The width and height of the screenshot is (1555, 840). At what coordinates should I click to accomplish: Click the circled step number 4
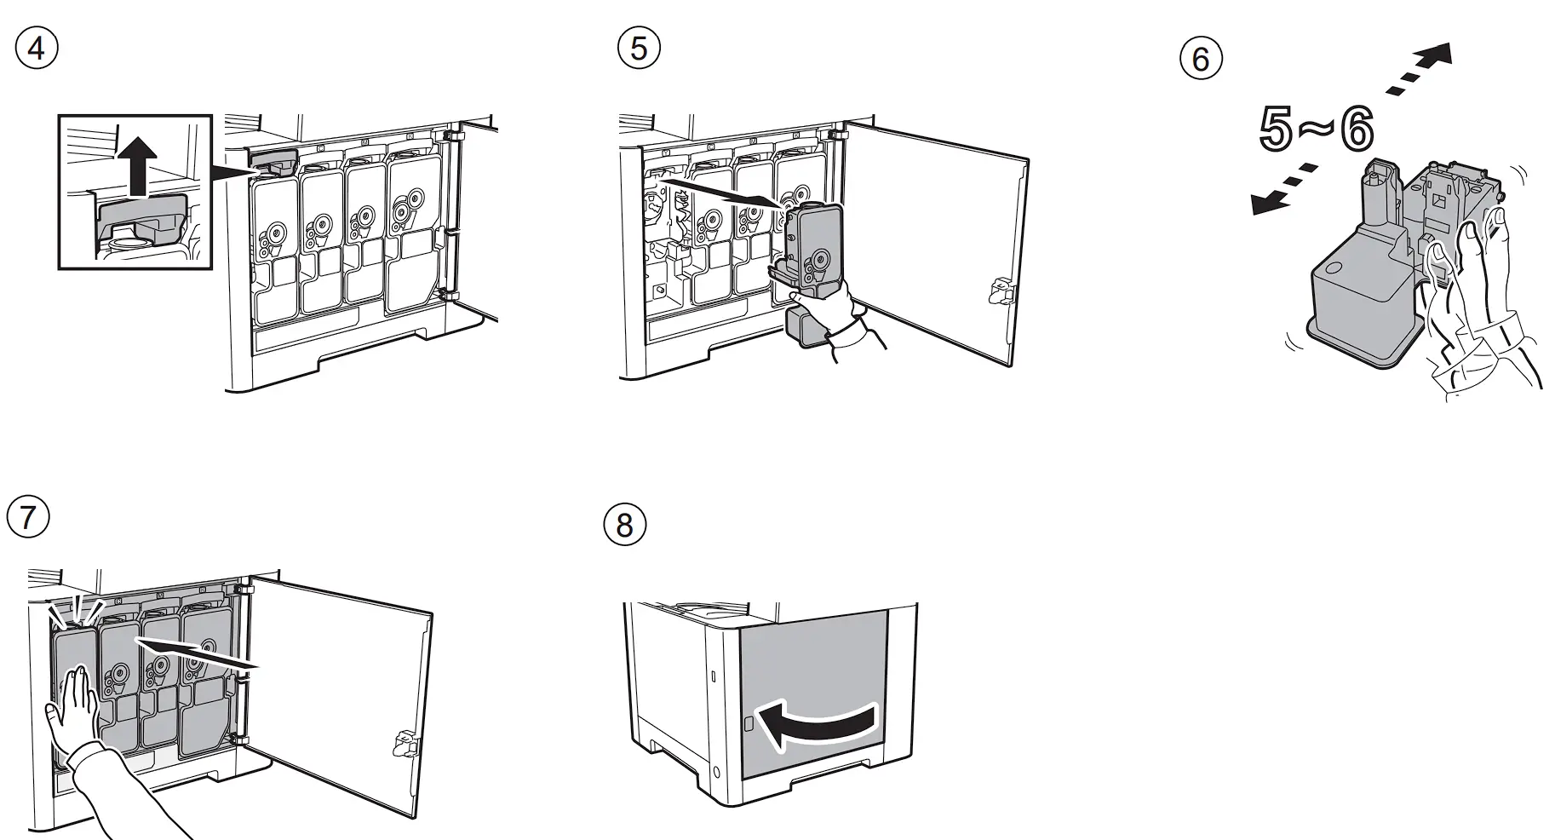click(37, 49)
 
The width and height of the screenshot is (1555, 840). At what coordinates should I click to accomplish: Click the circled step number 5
click(639, 49)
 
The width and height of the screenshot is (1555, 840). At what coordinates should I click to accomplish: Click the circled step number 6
click(1201, 59)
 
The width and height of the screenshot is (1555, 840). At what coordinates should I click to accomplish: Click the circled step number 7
click(27, 517)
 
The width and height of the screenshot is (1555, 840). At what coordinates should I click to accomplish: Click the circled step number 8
click(624, 525)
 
